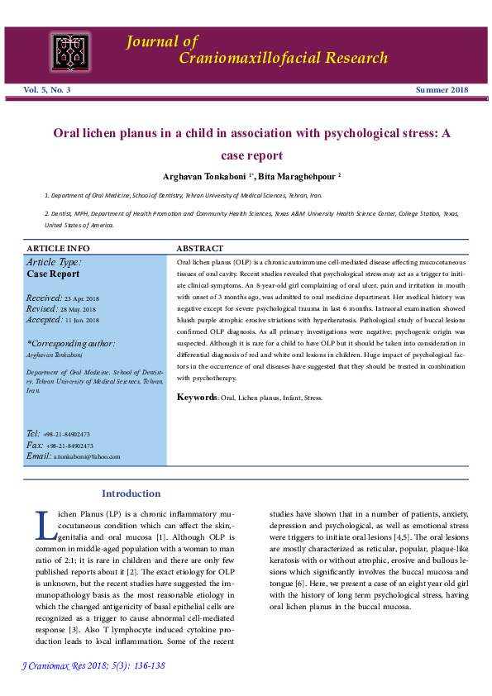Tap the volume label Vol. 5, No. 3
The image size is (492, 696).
tap(47, 89)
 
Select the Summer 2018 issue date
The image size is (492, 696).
tap(441, 89)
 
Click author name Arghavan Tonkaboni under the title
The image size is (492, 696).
tap(206, 176)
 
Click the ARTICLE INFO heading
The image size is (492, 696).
tap(58, 248)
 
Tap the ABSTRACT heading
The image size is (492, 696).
tap(200, 248)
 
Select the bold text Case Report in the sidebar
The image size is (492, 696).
tap(54, 274)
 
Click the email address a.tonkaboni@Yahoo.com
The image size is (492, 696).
tap(87, 456)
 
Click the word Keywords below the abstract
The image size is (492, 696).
tap(197, 398)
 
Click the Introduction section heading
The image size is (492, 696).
tap(131, 494)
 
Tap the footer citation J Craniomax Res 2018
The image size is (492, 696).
tap(92, 665)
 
